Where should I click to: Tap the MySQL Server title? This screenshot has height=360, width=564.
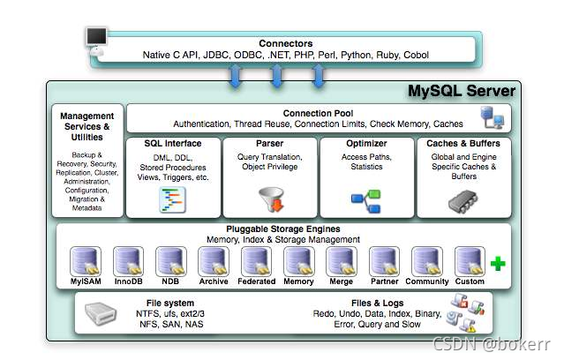(x=460, y=92)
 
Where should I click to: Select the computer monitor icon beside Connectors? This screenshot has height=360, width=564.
(x=97, y=40)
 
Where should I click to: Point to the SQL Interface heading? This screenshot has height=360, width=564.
(x=172, y=143)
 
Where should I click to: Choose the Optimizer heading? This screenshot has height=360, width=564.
(x=365, y=143)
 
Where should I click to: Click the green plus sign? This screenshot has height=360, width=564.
(x=498, y=263)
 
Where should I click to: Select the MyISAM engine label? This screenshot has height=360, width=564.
(x=86, y=281)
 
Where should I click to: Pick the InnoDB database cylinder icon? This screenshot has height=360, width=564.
(x=129, y=261)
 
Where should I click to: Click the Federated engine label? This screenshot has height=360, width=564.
(x=256, y=281)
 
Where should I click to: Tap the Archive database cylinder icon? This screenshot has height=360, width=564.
(x=213, y=261)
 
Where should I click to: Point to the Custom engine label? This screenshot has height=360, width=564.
(x=470, y=281)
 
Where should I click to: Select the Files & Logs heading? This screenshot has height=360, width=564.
(x=372, y=302)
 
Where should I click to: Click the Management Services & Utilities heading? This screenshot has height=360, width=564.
(x=87, y=126)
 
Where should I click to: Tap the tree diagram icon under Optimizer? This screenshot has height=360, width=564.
(x=365, y=200)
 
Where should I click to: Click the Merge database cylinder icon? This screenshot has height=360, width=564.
(x=341, y=261)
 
